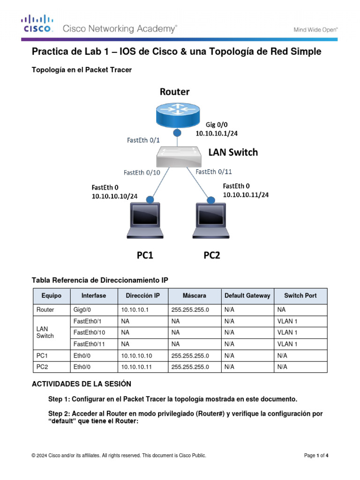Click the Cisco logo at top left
(x=37, y=24)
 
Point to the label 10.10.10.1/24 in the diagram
(x=216, y=134)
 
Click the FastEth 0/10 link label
(x=142, y=172)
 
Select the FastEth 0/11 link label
(x=213, y=172)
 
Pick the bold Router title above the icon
(x=175, y=91)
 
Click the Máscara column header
(x=195, y=296)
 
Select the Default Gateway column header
(x=247, y=296)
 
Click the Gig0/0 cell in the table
(x=83, y=310)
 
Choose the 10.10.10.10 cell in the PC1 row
(x=136, y=355)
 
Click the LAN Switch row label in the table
(x=45, y=332)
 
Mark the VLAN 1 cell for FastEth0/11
(x=287, y=344)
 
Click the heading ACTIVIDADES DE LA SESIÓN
(x=81, y=384)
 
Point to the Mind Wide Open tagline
(x=315, y=29)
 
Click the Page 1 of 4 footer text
(x=316, y=456)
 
